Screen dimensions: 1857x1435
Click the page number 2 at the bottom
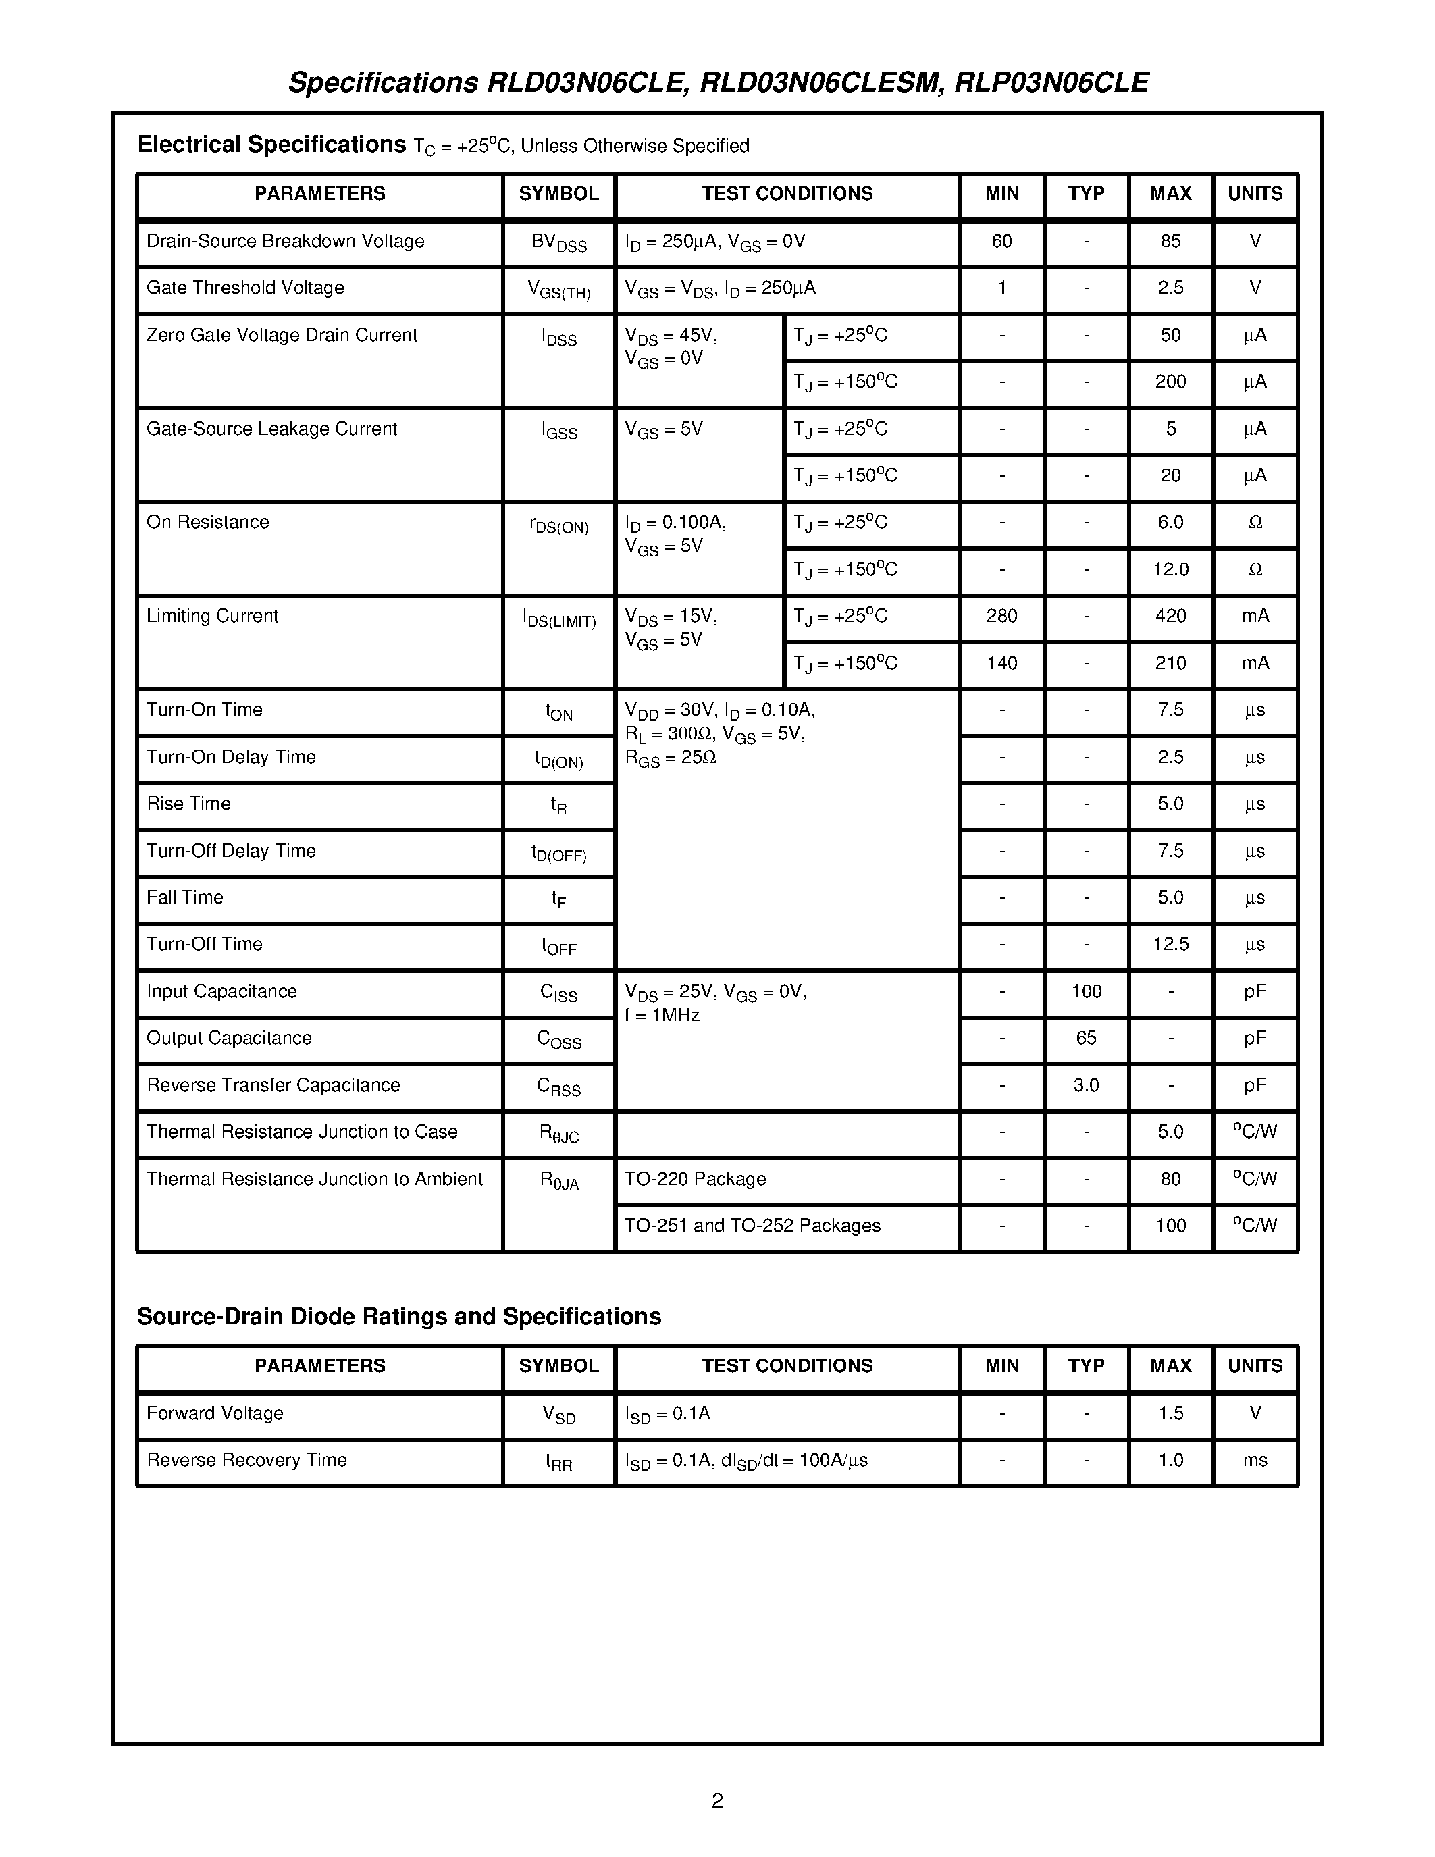[716, 1800]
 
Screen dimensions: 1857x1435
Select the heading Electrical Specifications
[272, 145]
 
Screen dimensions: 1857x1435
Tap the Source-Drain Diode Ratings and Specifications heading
[398, 1316]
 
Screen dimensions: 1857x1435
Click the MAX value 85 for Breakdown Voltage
[1170, 242]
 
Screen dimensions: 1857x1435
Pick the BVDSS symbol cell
[558, 242]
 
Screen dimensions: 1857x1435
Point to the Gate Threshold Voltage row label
[245, 288]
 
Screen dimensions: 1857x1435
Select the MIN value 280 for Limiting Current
[1001, 617]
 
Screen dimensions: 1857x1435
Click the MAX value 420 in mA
[1170, 617]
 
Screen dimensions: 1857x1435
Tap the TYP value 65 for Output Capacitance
[1086, 1038]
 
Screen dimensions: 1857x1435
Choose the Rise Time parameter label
[188, 804]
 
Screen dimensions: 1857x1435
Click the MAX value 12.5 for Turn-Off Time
[1170, 945]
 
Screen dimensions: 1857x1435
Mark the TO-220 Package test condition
[696, 1179]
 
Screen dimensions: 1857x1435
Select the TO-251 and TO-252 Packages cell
[752, 1226]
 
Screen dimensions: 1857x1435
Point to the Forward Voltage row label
[215, 1413]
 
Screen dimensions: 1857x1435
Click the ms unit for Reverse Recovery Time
[1255, 1460]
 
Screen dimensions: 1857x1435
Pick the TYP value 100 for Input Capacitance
[1086, 991]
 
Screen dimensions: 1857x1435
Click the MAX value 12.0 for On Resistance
[1170, 570]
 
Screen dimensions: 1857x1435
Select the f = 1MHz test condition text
[662, 1015]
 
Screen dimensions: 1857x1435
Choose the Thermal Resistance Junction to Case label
[302, 1132]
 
